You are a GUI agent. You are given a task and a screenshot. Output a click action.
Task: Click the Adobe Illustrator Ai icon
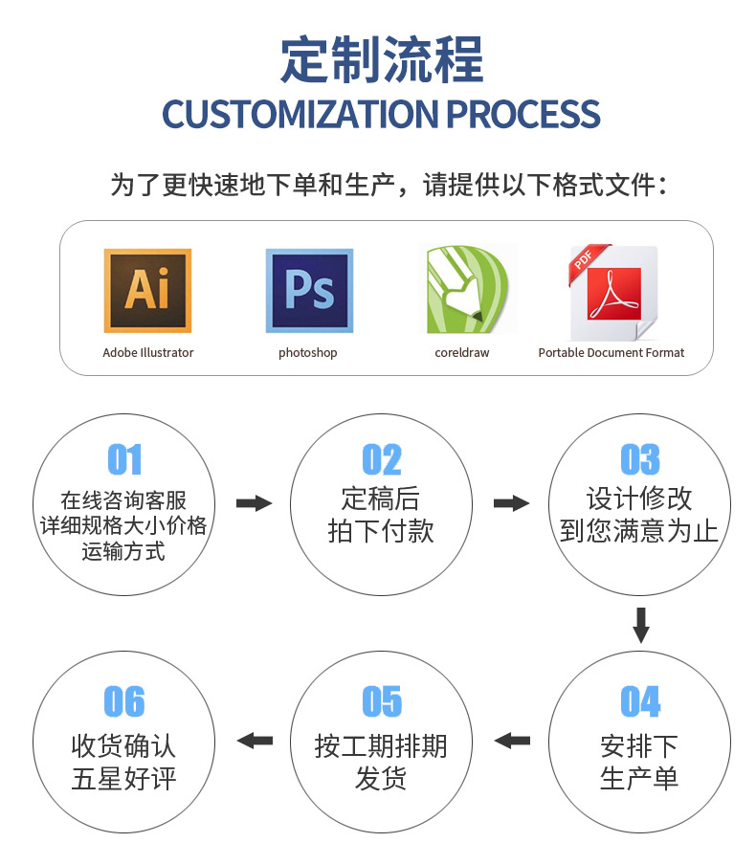pos(147,290)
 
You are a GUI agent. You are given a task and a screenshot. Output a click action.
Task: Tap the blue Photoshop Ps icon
pos(308,290)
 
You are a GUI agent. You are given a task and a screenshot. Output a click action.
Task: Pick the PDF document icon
pos(612,292)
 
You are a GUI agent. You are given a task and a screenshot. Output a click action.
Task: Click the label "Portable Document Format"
pos(611,353)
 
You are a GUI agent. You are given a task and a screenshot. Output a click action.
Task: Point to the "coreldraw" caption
pos(461,353)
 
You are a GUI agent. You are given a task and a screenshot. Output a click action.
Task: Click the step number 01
pos(124,460)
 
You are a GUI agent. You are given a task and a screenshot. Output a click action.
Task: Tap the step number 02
pos(382,460)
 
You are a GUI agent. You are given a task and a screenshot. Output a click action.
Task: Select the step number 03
pos(639,460)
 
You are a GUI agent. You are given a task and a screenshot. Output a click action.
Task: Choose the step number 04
pos(639,701)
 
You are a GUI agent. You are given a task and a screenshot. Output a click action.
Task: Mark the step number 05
pos(382,701)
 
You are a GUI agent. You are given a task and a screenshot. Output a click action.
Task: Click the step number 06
pos(124,701)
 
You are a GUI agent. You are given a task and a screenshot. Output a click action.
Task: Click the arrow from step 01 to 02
pos(254,503)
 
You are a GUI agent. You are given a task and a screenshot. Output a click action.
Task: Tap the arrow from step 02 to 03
pos(511,503)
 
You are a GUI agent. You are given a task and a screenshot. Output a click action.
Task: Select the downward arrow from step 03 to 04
pos(640,625)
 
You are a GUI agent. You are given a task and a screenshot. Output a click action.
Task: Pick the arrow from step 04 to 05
pos(512,740)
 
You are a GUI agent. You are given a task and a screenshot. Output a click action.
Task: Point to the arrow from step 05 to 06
pos(255,740)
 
